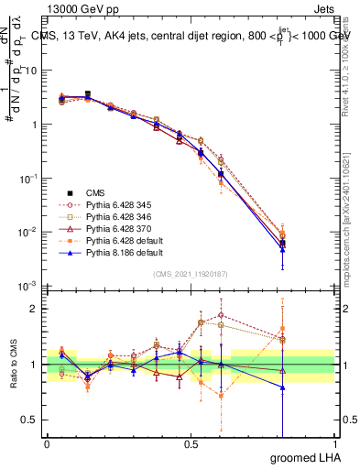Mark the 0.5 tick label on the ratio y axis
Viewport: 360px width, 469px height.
[x=27, y=420]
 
